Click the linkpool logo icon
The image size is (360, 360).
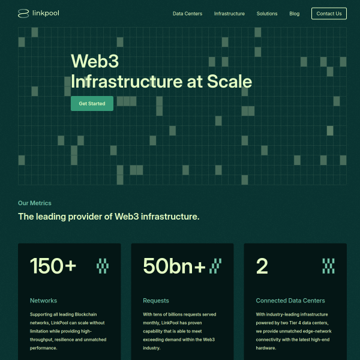point(23,14)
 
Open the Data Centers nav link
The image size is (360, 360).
point(187,14)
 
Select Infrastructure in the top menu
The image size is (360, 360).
point(229,14)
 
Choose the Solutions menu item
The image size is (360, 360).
point(267,14)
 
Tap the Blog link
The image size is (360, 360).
point(295,14)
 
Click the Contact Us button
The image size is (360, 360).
point(329,14)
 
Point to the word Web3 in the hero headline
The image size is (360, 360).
point(95,61)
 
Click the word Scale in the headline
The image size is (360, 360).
point(229,82)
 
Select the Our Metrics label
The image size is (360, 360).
point(35,203)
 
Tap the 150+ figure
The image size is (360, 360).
point(53,266)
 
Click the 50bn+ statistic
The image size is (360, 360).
point(174,266)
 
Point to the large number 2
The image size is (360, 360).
point(262,266)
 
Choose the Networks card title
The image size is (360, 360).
point(43,301)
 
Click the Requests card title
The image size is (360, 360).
point(156,301)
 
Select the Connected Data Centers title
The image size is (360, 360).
point(290,301)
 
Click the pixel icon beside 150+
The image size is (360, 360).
point(103,266)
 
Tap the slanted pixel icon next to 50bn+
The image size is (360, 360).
point(215,266)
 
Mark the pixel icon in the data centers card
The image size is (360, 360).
point(328,266)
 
